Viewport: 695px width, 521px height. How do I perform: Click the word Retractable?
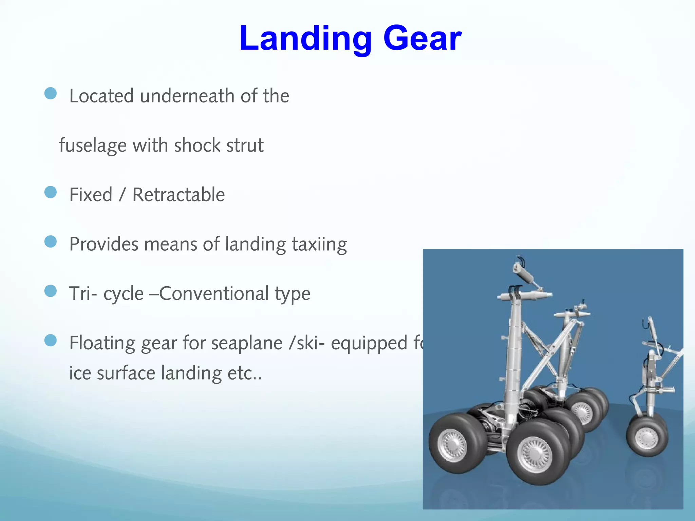pos(179,195)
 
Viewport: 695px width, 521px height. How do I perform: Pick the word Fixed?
pos(91,195)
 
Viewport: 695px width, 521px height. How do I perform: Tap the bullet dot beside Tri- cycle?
pos(51,291)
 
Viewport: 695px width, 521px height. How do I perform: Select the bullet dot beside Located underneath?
pos(51,93)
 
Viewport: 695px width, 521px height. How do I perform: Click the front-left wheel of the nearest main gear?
pos(453,444)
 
